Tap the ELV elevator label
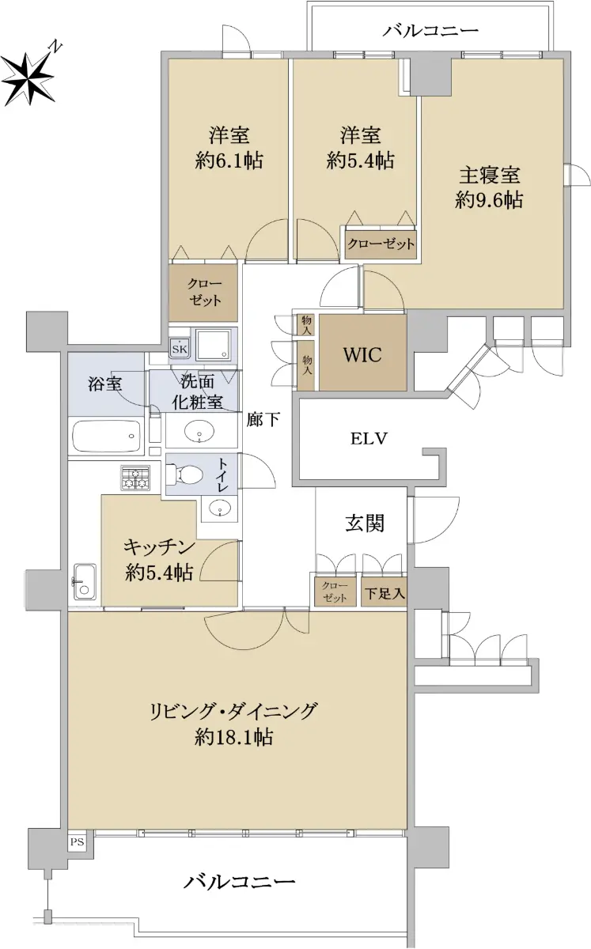pos(369,438)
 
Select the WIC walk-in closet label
pos(362,354)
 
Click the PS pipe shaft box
pos(78,841)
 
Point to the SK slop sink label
pos(180,350)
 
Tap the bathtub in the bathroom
pos(107,436)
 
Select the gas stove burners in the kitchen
pos(135,478)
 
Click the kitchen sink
pos(85,582)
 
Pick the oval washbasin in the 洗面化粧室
pos(199,431)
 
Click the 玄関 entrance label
pos(365,524)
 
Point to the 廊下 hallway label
pos(263,419)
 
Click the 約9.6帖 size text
pos(489,200)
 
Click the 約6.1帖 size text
pos(229,161)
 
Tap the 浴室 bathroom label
pos(105,384)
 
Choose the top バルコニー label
pos(430,31)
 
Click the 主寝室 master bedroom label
pos(490,175)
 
